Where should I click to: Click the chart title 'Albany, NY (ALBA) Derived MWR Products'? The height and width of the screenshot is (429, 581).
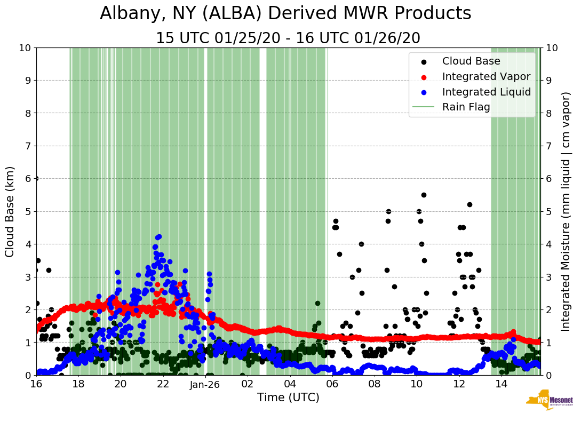(x=285, y=14)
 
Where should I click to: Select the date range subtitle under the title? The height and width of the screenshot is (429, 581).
(x=288, y=38)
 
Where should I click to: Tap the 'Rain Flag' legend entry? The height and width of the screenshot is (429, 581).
(x=466, y=107)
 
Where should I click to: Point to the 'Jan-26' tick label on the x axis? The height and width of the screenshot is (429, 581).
(x=205, y=384)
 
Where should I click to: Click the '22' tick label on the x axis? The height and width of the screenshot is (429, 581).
(x=163, y=384)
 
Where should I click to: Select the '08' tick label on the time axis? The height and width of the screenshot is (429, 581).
(x=374, y=384)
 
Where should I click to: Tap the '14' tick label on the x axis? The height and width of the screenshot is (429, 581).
(x=501, y=384)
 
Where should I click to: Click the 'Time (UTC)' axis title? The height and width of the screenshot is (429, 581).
(x=288, y=398)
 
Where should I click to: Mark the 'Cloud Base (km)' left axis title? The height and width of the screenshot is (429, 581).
(x=10, y=211)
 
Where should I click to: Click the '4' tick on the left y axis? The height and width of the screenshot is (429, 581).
(x=27, y=244)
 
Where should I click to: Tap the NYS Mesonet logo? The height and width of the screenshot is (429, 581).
(x=550, y=402)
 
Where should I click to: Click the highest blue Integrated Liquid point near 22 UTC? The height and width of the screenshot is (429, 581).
(x=158, y=237)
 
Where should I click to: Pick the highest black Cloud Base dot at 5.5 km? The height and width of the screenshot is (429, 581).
(x=424, y=195)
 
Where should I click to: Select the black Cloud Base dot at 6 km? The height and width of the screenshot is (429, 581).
(x=36, y=178)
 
